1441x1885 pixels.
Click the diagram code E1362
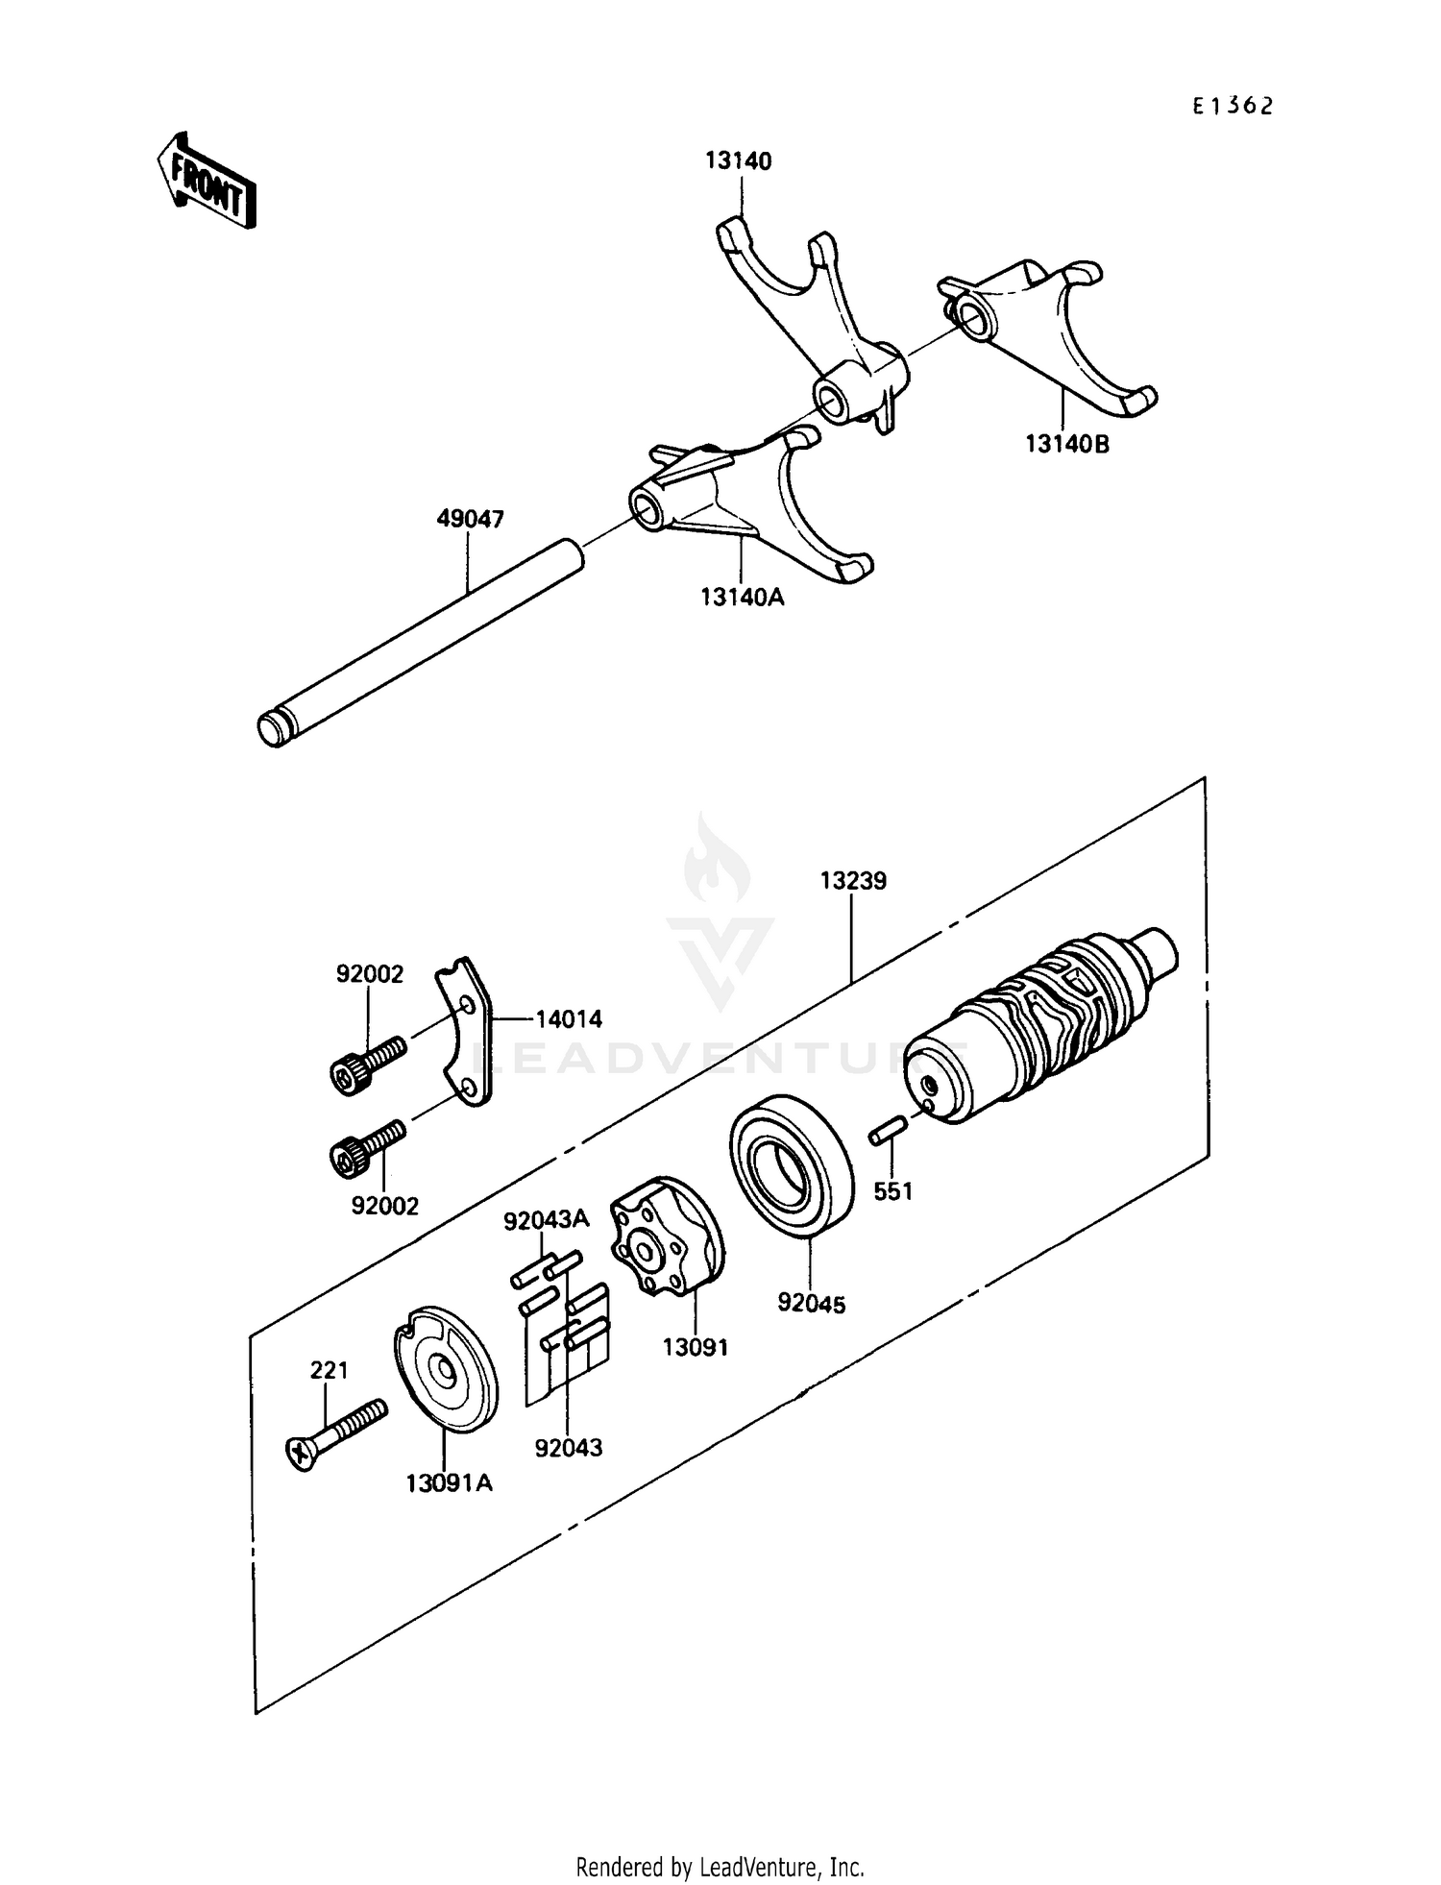[x=1233, y=107]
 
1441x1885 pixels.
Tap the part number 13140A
[x=742, y=598]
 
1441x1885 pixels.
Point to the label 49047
[x=470, y=520]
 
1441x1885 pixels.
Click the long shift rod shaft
[x=423, y=639]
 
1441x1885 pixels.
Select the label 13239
[x=853, y=880]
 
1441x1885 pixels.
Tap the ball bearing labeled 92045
[x=791, y=1163]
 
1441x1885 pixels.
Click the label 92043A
[x=546, y=1220]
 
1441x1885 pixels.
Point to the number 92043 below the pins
[x=569, y=1447]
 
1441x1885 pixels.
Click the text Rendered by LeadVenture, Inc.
[x=720, y=1867]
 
